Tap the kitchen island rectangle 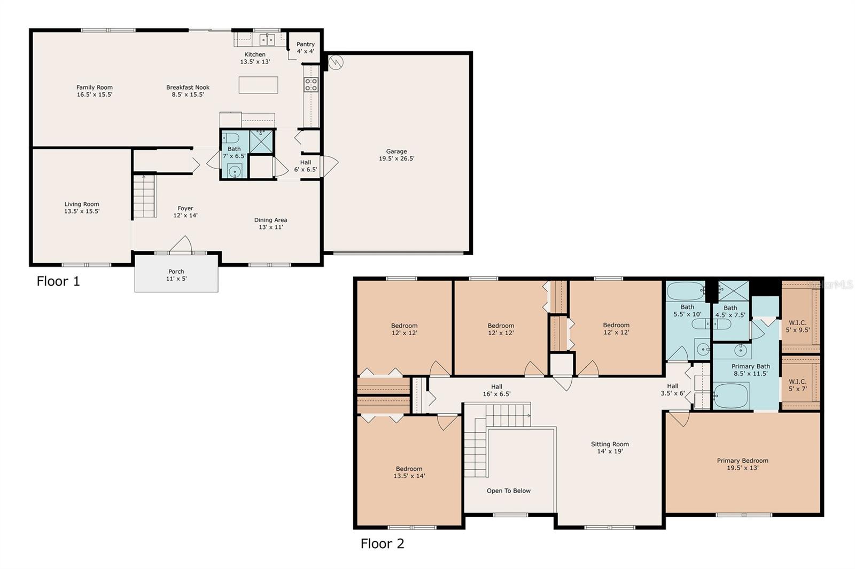coord(258,85)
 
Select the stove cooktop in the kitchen coord(311,84)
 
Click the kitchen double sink coord(267,39)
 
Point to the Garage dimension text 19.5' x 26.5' coord(397,159)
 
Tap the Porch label coord(176,272)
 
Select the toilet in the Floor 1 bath coord(230,138)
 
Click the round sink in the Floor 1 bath coord(234,171)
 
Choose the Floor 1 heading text coord(58,281)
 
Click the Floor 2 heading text coord(382,544)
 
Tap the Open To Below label coord(508,491)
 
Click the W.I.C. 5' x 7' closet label coord(797,385)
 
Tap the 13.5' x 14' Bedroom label coord(409,472)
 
